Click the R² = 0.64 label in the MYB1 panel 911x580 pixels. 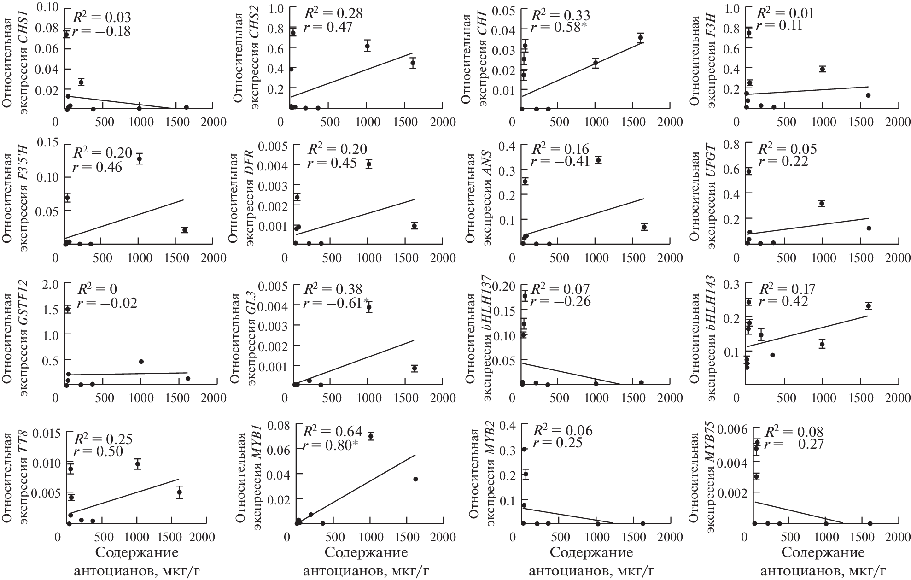[x=333, y=431]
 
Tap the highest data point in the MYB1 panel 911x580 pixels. [x=370, y=436]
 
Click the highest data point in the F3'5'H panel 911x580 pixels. [x=139, y=159]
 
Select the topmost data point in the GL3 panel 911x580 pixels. [x=368, y=307]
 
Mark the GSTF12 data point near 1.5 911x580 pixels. [x=68, y=309]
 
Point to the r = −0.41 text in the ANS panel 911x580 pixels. [x=560, y=162]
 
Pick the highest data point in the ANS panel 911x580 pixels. [x=598, y=160]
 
